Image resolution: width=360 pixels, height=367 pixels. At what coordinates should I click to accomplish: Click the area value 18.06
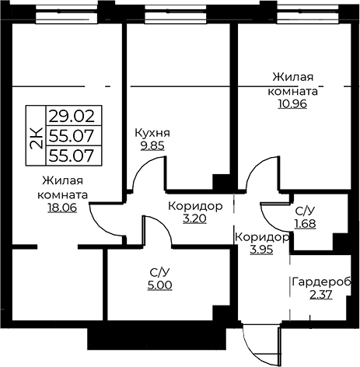coord(62,208)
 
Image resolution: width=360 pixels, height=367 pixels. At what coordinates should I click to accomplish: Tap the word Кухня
coord(152,133)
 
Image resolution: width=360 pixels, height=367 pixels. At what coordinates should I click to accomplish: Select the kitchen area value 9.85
coord(152,145)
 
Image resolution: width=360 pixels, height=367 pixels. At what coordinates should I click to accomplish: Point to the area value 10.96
coord(292,103)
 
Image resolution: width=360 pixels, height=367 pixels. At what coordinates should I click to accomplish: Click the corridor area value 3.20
coord(194,218)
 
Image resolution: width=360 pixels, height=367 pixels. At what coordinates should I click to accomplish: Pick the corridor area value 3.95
coord(261,250)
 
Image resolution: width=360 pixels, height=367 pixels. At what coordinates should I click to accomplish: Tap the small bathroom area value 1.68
coord(306,224)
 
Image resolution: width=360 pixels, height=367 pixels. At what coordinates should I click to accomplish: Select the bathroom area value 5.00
coord(159,285)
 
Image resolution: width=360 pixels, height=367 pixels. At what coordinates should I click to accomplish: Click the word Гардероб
coord(321,282)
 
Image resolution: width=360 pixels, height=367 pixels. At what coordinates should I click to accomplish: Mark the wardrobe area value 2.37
coord(321,295)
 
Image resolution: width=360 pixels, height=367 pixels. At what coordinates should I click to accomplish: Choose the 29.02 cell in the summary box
coord(72,116)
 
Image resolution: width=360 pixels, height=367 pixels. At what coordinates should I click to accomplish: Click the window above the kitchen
coord(176,15)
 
